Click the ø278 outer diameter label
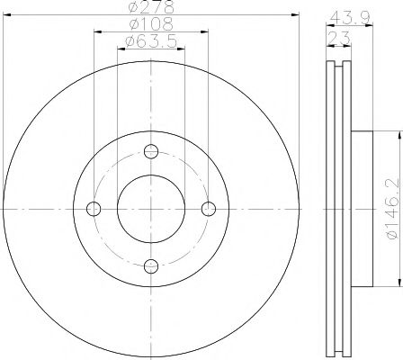(150, 8)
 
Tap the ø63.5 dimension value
(150, 42)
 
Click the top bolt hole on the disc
(151, 151)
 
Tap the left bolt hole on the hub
(94, 209)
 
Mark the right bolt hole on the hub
(209, 209)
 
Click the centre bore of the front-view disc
(151, 209)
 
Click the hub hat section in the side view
(359, 209)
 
